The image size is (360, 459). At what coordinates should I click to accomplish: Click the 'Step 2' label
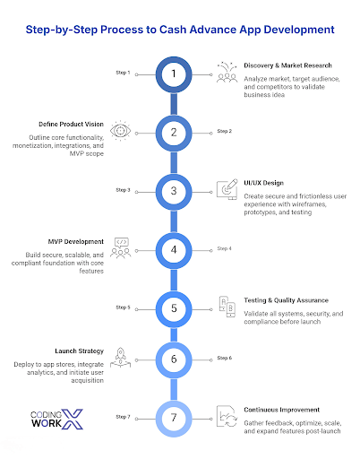224,131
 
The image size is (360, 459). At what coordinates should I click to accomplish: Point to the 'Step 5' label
123,307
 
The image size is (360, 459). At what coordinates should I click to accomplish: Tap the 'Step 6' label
224,358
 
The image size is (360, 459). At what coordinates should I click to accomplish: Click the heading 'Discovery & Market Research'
287,65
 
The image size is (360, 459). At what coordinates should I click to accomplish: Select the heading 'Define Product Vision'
71,124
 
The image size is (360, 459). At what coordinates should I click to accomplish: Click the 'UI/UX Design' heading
263,183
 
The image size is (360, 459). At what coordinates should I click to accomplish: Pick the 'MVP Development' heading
76,241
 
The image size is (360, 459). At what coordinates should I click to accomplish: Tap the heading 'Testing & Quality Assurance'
286,300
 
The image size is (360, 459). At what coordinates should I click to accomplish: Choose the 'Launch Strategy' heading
79,351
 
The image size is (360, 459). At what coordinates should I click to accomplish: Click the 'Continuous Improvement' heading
281,410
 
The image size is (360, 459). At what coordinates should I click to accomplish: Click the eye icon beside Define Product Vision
120,131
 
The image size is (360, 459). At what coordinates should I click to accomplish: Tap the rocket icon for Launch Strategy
120,358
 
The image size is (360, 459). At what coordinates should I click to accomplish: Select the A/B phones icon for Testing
227,307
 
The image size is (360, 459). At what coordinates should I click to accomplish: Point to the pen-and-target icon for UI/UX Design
227,189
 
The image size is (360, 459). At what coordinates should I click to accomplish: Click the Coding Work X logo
56,419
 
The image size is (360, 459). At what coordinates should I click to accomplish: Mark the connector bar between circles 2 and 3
174,162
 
